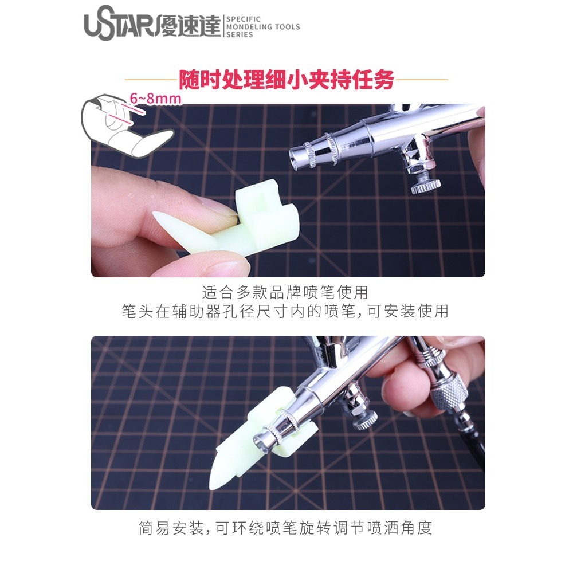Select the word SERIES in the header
click(240, 34)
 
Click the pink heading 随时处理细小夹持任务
click(286, 80)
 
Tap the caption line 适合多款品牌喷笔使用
click(285, 293)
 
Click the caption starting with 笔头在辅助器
click(285, 312)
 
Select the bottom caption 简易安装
click(285, 528)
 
